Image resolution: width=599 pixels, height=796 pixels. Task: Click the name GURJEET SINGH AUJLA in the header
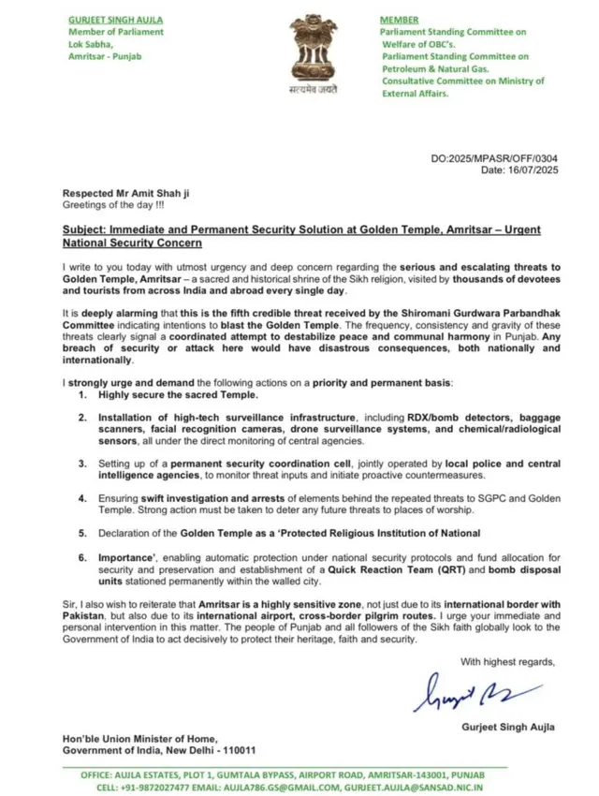tap(114, 20)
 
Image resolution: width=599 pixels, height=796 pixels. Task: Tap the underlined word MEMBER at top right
tap(399, 20)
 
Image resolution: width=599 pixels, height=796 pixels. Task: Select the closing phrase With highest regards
tap(507, 661)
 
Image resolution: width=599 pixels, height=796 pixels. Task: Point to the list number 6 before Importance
tap(83, 557)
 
